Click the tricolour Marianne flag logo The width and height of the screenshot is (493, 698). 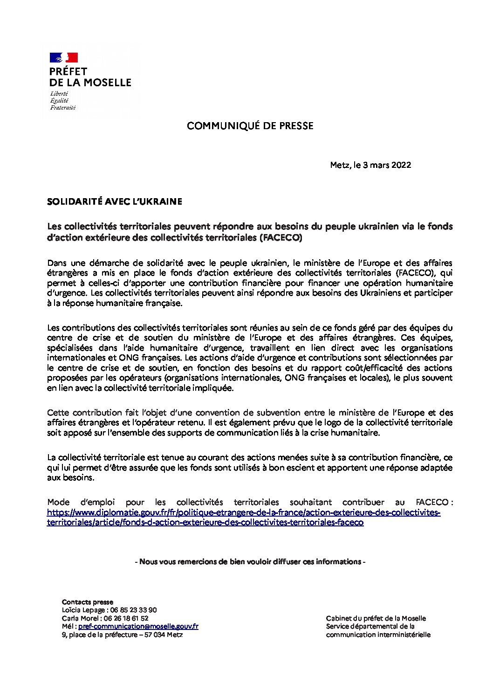pos(63,58)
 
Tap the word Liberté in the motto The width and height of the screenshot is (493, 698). pos(59,94)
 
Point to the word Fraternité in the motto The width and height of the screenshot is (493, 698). pos(63,107)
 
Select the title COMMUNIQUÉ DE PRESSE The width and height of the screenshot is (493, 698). pos(250,126)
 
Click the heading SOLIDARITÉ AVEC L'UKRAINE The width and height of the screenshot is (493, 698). pos(114,202)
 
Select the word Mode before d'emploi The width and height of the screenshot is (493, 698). pos(58,502)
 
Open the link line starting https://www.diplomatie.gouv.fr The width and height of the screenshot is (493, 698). pos(243,512)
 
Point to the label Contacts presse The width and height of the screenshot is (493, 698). pos(87,602)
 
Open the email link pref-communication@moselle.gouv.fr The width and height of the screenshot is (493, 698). pos(138,626)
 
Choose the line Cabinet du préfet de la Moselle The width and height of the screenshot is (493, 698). pos(376,618)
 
